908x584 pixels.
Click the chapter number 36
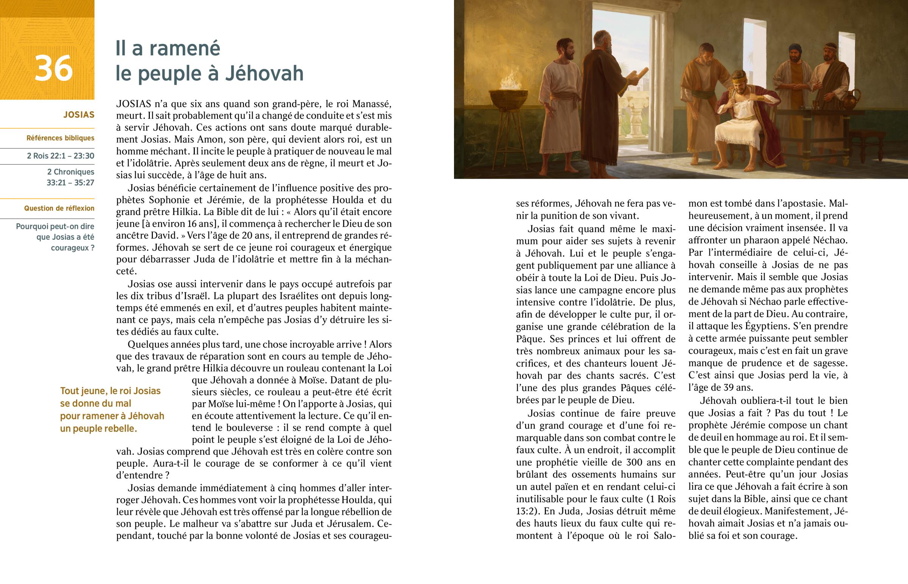click(53, 69)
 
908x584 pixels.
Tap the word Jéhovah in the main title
click(264, 73)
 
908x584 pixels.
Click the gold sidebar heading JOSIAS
click(79, 115)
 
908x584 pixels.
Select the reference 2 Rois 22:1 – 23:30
click(61, 156)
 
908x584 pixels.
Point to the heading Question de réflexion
click(59, 208)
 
